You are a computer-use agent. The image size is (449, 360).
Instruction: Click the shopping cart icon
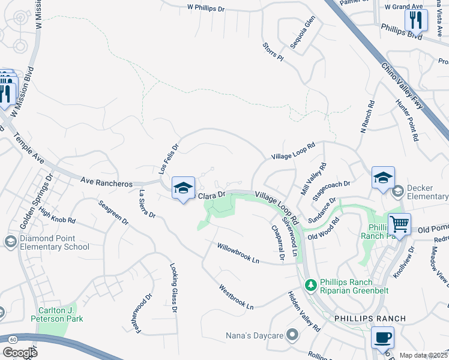(x=399, y=224)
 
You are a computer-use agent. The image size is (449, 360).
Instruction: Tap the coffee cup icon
(x=382, y=337)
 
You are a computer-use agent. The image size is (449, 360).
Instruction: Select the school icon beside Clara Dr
(x=183, y=188)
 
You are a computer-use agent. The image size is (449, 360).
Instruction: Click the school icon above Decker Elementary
(x=382, y=178)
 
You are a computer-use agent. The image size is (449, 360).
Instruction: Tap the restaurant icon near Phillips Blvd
(x=415, y=20)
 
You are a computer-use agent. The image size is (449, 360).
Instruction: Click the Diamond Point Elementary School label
(x=55, y=242)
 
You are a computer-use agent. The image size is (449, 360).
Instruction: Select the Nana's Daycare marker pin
(x=292, y=334)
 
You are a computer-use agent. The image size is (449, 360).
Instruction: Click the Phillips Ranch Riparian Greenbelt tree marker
(x=310, y=284)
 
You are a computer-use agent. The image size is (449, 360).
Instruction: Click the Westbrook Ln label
(x=236, y=297)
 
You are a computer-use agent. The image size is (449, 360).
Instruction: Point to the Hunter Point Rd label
(x=406, y=120)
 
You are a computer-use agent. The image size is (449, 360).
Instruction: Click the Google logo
(x=20, y=353)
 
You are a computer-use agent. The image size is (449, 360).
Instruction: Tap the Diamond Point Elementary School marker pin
(x=10, y=241)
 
